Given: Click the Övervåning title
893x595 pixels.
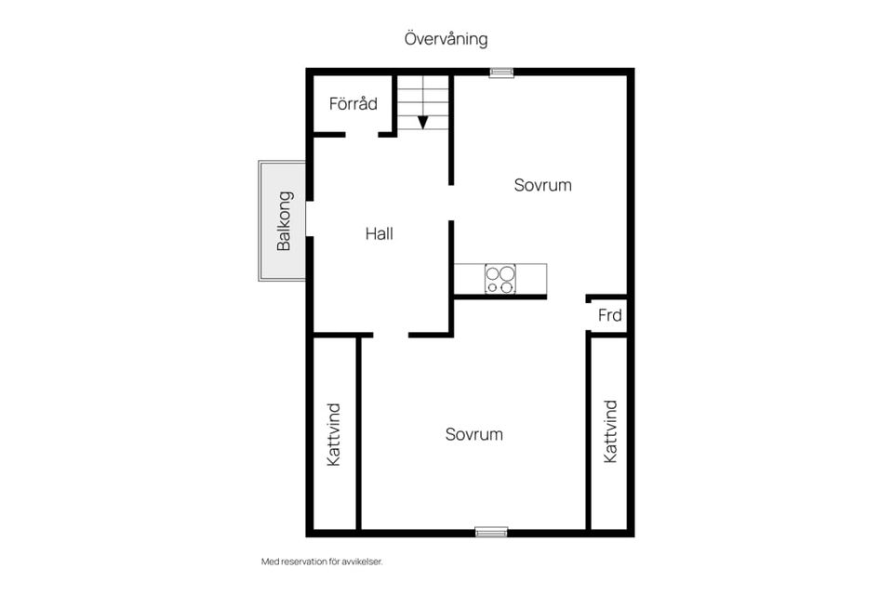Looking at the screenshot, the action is pyautogui.click(x=446, y=39).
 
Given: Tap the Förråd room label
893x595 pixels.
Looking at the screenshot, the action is pyautogui.click(x=353, y=103).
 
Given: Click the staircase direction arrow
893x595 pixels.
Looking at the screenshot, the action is pyautogui.click(x=422, y=123).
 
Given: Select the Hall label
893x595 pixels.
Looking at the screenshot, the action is pyautogui.click(x=380, y=233).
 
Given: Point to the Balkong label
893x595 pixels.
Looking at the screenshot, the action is pyautogui.click(x=284, y=221).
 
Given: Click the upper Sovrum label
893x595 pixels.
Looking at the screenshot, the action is pyautogui.click(x=542, y=185).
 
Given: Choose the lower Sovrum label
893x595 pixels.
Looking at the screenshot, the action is pyautogui.click(x=473, y=434).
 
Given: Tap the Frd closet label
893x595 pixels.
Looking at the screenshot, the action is pyautogui.click(x=610, y=315).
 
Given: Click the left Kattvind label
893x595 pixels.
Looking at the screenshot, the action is pyautogui.click(x=334, y=435).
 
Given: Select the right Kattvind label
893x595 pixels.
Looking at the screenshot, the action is pyautogui.click(x=610, y=431).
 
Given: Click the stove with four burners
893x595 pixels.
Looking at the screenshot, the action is pyautogui.click(x=500, y=279).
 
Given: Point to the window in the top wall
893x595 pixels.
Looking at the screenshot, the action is pyautogui.click(x=501, y=73).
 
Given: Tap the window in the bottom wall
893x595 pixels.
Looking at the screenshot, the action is pyautogui.click(x=491, y=533).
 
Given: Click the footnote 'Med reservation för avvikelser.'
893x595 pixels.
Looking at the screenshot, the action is pyautogui.click(x=322, y=562).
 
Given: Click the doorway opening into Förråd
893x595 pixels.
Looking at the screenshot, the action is pyautogui.click(x=362, y=135).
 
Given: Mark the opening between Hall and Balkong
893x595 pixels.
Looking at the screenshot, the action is pyautogui.click(x=310, y=218).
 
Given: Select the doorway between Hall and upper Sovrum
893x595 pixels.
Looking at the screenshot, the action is pyautogui.click(x=451, y=203).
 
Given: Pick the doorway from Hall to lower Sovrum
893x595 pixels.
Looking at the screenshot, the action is pyautogui.click(x=391, y=335).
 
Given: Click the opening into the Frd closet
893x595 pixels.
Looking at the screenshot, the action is pyautogui.click(x=589, y=316).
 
